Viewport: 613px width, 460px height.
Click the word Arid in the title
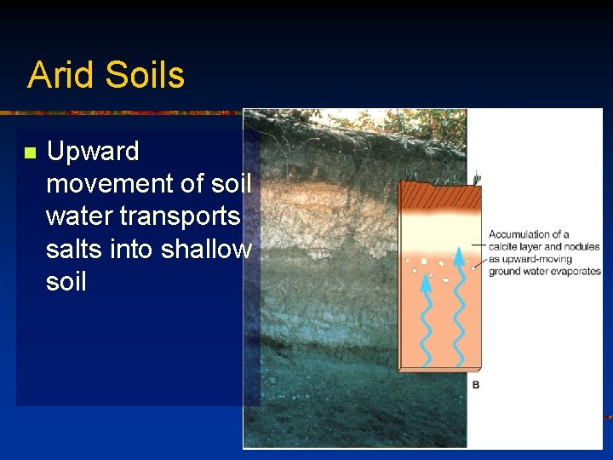[54, 75]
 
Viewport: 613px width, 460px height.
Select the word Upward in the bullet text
[93, 152]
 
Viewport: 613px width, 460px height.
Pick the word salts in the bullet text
[74, 249]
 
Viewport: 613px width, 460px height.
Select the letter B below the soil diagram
[476, 385]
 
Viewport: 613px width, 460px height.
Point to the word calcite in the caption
[506, 247]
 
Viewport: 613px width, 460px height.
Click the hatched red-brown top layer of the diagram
[441, 198]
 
